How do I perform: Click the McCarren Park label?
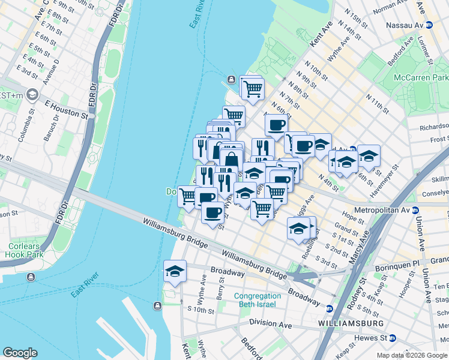[421, 78]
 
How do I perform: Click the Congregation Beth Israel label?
[257, 300]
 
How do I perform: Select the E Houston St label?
[66, 103]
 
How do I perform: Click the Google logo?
[20, 353]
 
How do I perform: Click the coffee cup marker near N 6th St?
[276, 125]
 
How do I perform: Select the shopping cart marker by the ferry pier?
[253, 88]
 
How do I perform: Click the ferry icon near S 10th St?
[157, 305]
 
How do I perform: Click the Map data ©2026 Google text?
[412, 355]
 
